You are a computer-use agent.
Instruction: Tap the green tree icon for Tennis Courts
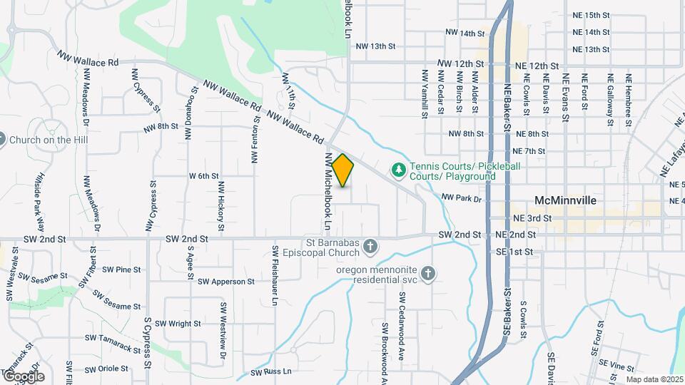pyautogui.click(x=399, y=170)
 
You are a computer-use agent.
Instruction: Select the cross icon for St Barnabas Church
pyautogui.click(x=370, y=247)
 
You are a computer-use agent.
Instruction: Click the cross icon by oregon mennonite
pyautogui.click(x=427, y=274)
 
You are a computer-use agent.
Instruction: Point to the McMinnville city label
pyautogui.click(x=564, y=200)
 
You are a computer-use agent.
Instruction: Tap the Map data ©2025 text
pyautogui.click(x=654, y=379)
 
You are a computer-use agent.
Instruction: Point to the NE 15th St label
pyautogui.click(x=591, y=14)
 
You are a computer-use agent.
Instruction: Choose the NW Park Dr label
pyautogui.click(x=462, y=197)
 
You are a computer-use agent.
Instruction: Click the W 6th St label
pyautogui.click(x=203, y=175)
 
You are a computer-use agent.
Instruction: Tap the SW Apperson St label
pyautogui.click(x=226, y=282)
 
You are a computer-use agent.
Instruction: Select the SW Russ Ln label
pyautogui.click(x=271, y=372)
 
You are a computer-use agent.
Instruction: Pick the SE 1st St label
pyautogui.click(x=514, y=252)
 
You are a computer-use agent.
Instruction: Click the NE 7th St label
pyautogui.click(x=529, y=151)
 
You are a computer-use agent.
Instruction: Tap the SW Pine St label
pyautogui.click(x=121, y=269)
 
